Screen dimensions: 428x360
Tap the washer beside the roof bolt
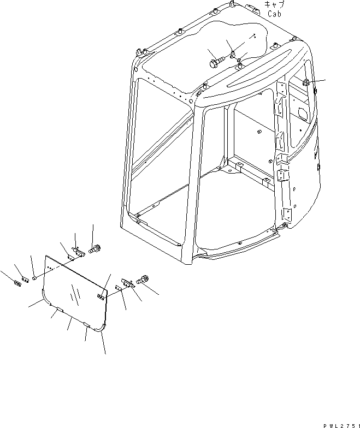[233, 53]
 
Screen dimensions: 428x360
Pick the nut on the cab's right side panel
[307, 82]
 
